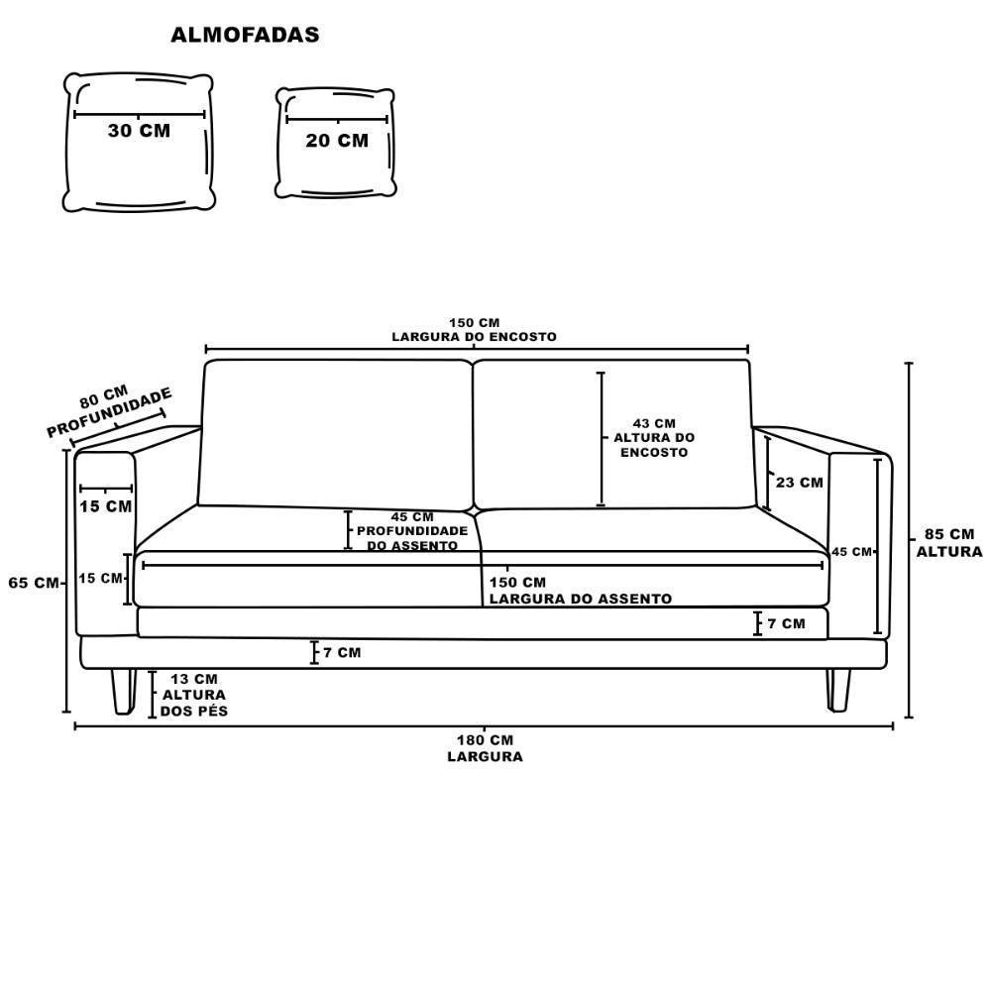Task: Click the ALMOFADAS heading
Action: point(245,36)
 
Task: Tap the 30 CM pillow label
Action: point(139,131)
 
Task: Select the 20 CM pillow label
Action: point(337,141)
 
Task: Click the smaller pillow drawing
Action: point(336,142)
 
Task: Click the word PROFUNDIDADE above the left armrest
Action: point(110,414)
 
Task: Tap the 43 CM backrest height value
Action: point(654,423)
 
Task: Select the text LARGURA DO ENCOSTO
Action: point(474,337)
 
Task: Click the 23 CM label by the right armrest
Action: point(799,483)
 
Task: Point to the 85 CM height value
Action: point(948,535)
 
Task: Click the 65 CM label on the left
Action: point(34,583)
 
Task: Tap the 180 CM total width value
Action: point(485,740)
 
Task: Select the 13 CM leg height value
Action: point(194,679)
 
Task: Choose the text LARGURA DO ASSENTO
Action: point(580,599)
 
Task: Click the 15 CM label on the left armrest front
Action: point(105,506)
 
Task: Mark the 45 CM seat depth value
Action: point(412,517)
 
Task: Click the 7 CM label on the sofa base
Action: point(341,652)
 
